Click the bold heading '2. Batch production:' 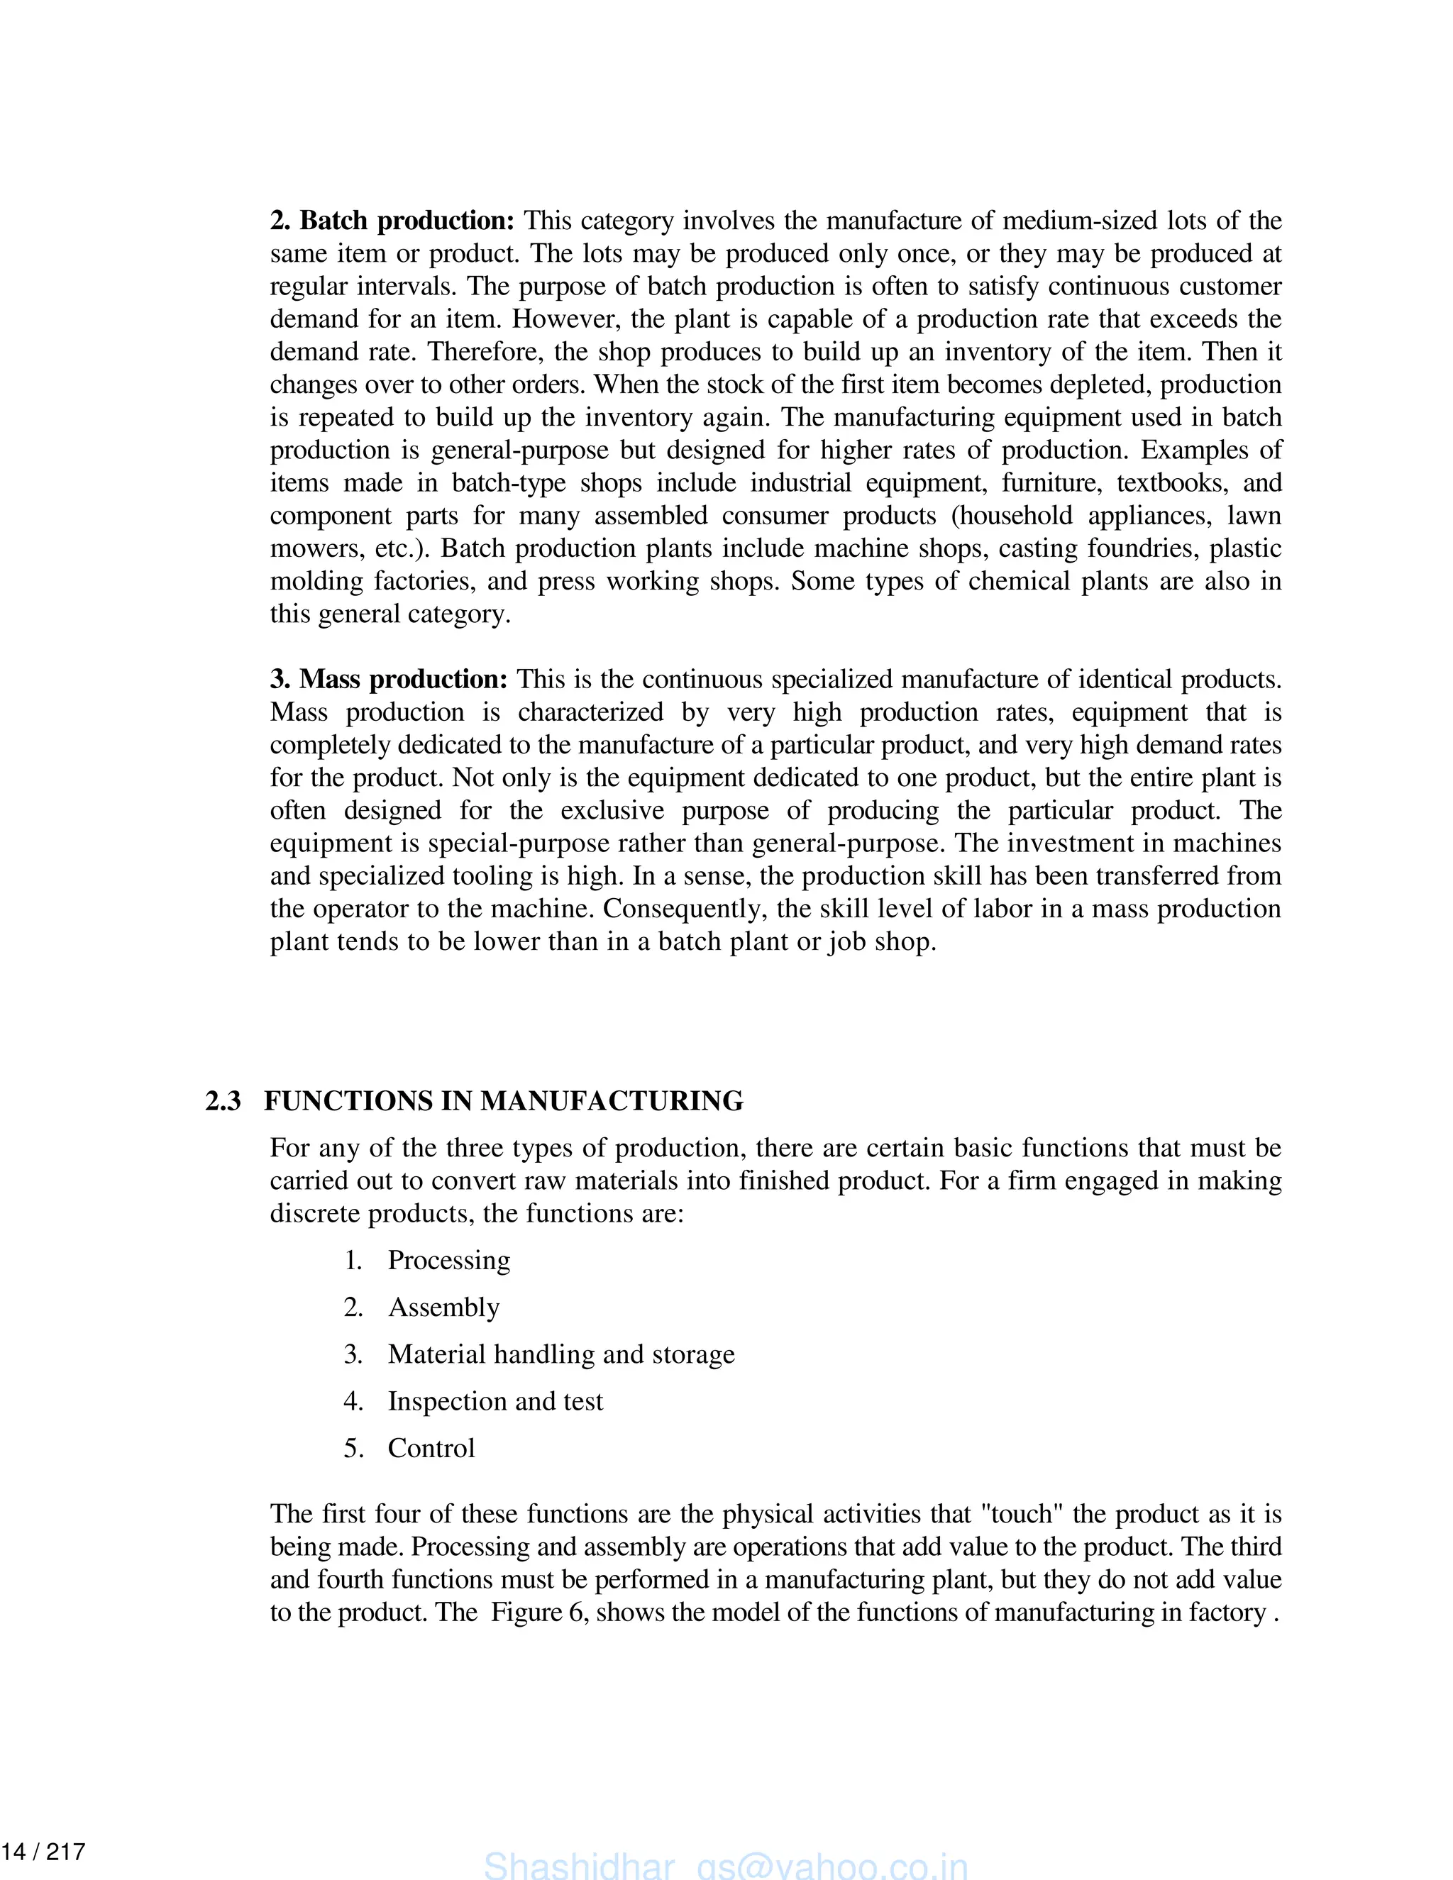392,221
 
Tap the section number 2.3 223,1101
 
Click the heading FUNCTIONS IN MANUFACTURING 504,1101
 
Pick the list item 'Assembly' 443,1307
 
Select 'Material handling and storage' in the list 561,1354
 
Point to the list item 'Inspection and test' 495,1401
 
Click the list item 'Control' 431,1448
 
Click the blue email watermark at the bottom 726,1865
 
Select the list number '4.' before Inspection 353,1401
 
